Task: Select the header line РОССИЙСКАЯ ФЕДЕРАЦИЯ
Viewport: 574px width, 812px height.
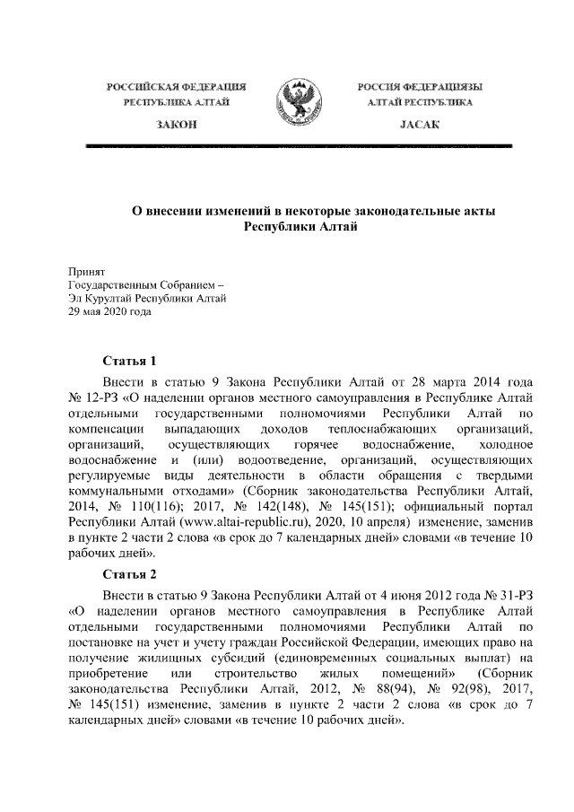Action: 177,86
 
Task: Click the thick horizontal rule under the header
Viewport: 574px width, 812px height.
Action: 299,144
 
